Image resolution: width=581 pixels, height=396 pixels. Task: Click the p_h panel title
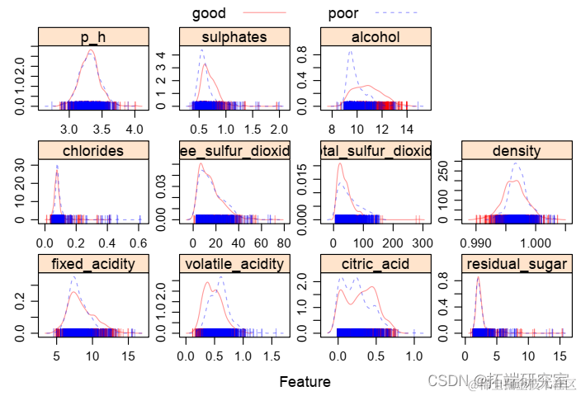point(93,37)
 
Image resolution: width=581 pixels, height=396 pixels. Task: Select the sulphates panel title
point(234,37)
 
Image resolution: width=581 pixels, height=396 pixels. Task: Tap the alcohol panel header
point(376,37)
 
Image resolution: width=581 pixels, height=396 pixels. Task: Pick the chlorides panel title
point(93,150)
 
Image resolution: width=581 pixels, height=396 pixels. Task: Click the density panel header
point(517,150)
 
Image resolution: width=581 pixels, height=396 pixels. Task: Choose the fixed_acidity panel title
point(93,263)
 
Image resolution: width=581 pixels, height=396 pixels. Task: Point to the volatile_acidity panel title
point(234,263)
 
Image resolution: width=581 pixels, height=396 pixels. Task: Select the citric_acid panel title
point(376,263)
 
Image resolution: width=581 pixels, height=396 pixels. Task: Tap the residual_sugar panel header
point(517,263)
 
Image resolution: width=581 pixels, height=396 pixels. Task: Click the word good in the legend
point(209,13)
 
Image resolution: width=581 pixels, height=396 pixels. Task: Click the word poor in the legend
point(343,13)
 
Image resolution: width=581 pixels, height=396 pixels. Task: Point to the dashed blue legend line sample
point(397,13)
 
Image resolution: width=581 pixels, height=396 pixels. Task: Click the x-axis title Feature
point(305,382)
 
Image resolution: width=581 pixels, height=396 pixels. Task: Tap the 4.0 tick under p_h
point(135,130)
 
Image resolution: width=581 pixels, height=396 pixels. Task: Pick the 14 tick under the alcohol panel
point(406,130)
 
